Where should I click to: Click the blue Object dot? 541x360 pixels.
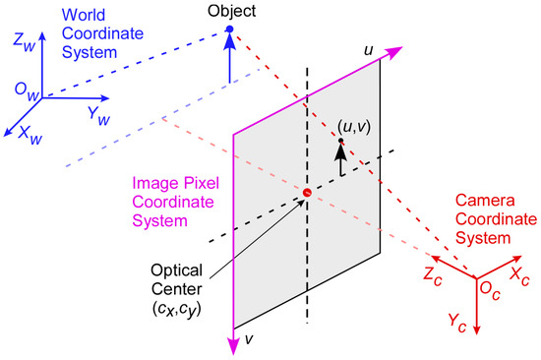click(x=229, y=30)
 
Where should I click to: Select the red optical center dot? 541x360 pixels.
click(x=307, y=193)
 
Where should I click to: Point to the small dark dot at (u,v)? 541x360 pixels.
click(x=341, y=142)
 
